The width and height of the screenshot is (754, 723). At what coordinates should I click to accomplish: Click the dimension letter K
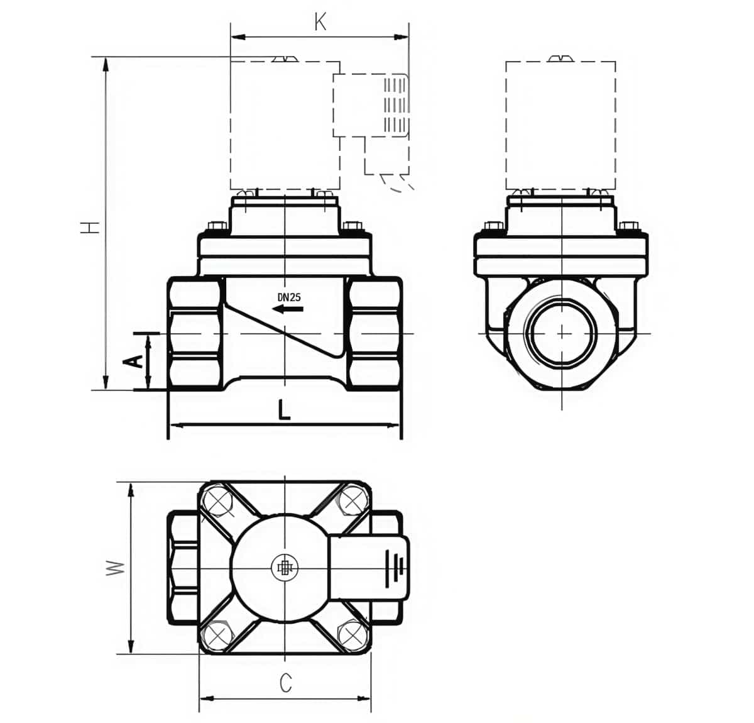(320, 23)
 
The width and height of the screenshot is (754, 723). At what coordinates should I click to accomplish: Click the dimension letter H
(92, 227)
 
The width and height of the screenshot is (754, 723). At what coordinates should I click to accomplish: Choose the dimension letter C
(286, 682)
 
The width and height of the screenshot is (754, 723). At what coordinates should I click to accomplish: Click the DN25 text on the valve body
(289, 297)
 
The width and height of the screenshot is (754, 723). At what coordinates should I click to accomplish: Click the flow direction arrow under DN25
(288, 309)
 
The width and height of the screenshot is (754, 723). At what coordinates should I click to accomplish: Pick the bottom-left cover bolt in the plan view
(217, 635)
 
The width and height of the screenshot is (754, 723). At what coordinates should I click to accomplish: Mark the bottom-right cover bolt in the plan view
(352, 635)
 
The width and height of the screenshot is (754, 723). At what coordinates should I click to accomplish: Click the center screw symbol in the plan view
(285, 568)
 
